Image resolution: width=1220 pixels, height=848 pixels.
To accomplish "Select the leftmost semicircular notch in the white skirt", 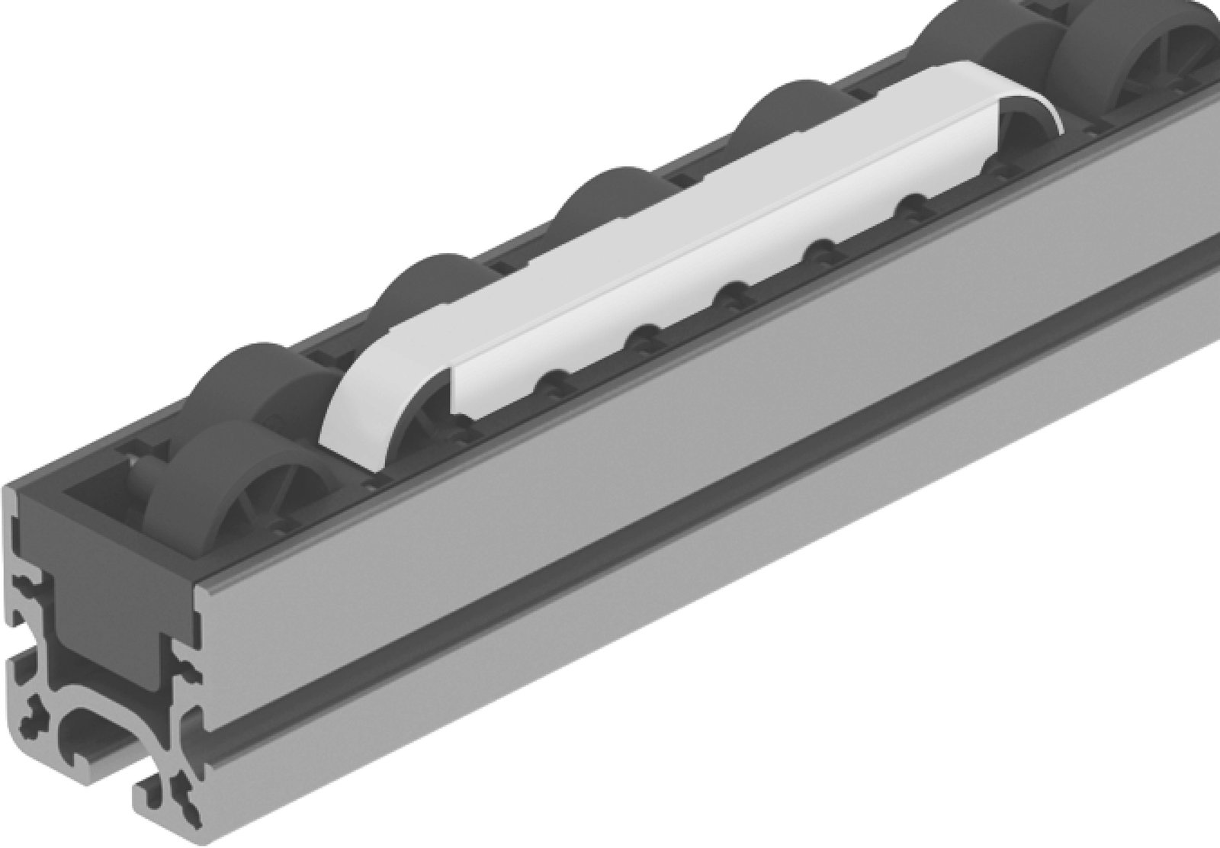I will pyautogui.click(x=552, y=378).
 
